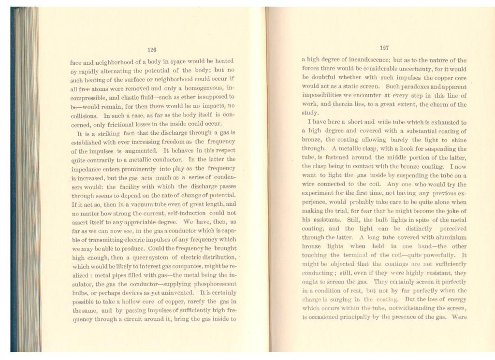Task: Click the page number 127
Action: tap(384, 48)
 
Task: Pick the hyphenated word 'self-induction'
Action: tap(188, 212)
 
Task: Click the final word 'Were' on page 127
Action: tap(459, 317)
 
